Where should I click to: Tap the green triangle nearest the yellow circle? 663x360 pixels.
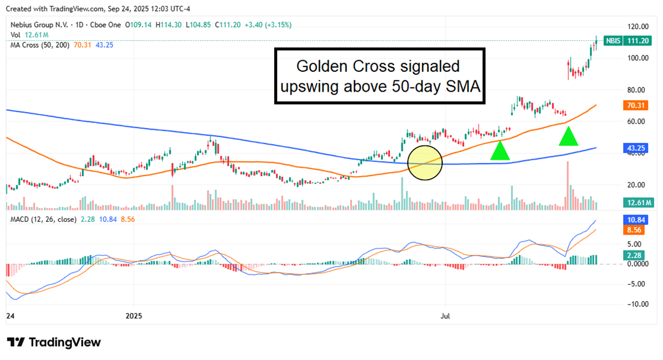[x=499, y=151]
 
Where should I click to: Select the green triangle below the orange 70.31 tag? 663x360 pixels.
[x=568, y=137]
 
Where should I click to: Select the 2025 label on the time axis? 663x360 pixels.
[x=134, y=315]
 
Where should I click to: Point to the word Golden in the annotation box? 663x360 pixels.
[x=326, y=66]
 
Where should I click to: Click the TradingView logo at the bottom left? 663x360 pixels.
[x=54, y=343]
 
